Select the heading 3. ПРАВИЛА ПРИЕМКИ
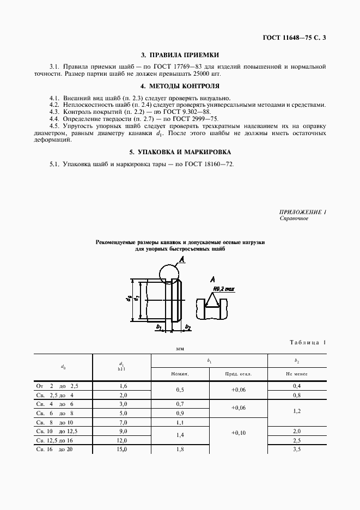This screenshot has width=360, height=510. (x=180, y=55)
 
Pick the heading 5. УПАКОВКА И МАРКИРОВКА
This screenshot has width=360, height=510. (x=180, y=151)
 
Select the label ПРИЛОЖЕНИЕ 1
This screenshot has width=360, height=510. (x=302, y=212)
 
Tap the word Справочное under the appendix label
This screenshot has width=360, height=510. (x=294, y=218)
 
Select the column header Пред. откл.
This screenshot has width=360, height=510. (x=239, y=374)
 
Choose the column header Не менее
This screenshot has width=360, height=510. (x=297, y=374)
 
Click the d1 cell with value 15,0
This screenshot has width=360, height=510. (x=122, y=449)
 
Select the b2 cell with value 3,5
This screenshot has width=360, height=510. (x=297, y=449)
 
